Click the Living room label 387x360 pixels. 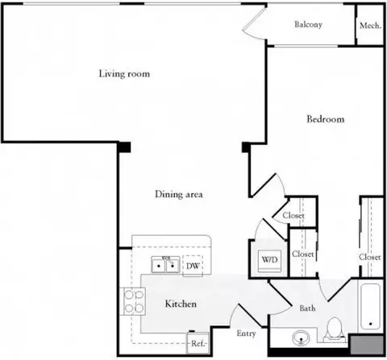click(x=124, y=74)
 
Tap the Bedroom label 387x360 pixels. click(x=326, y=119)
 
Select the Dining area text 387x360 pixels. click(x=179, y=194)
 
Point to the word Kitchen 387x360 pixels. click(x=181, y=304)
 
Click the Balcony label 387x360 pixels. click(x=308, y=24)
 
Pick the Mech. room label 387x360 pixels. click(x=370, y=26)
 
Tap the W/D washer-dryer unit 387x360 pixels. click(x=269, y=260)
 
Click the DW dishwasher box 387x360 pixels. click(x=193, y=266)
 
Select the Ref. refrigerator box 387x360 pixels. click(x=198, y=343)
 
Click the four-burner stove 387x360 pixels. click(x=133, y=301)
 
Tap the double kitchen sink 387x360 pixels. click(x=165, y=264)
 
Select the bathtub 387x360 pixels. click(x=370, y=306)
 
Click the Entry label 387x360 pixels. click(x=246, y=333)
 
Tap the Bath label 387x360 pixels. click(x=307, y=308)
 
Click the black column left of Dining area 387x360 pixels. click(x=124, y=147)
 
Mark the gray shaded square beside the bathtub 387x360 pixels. click(x=367, y=345)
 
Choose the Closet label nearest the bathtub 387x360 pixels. click(x=370, y=257)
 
